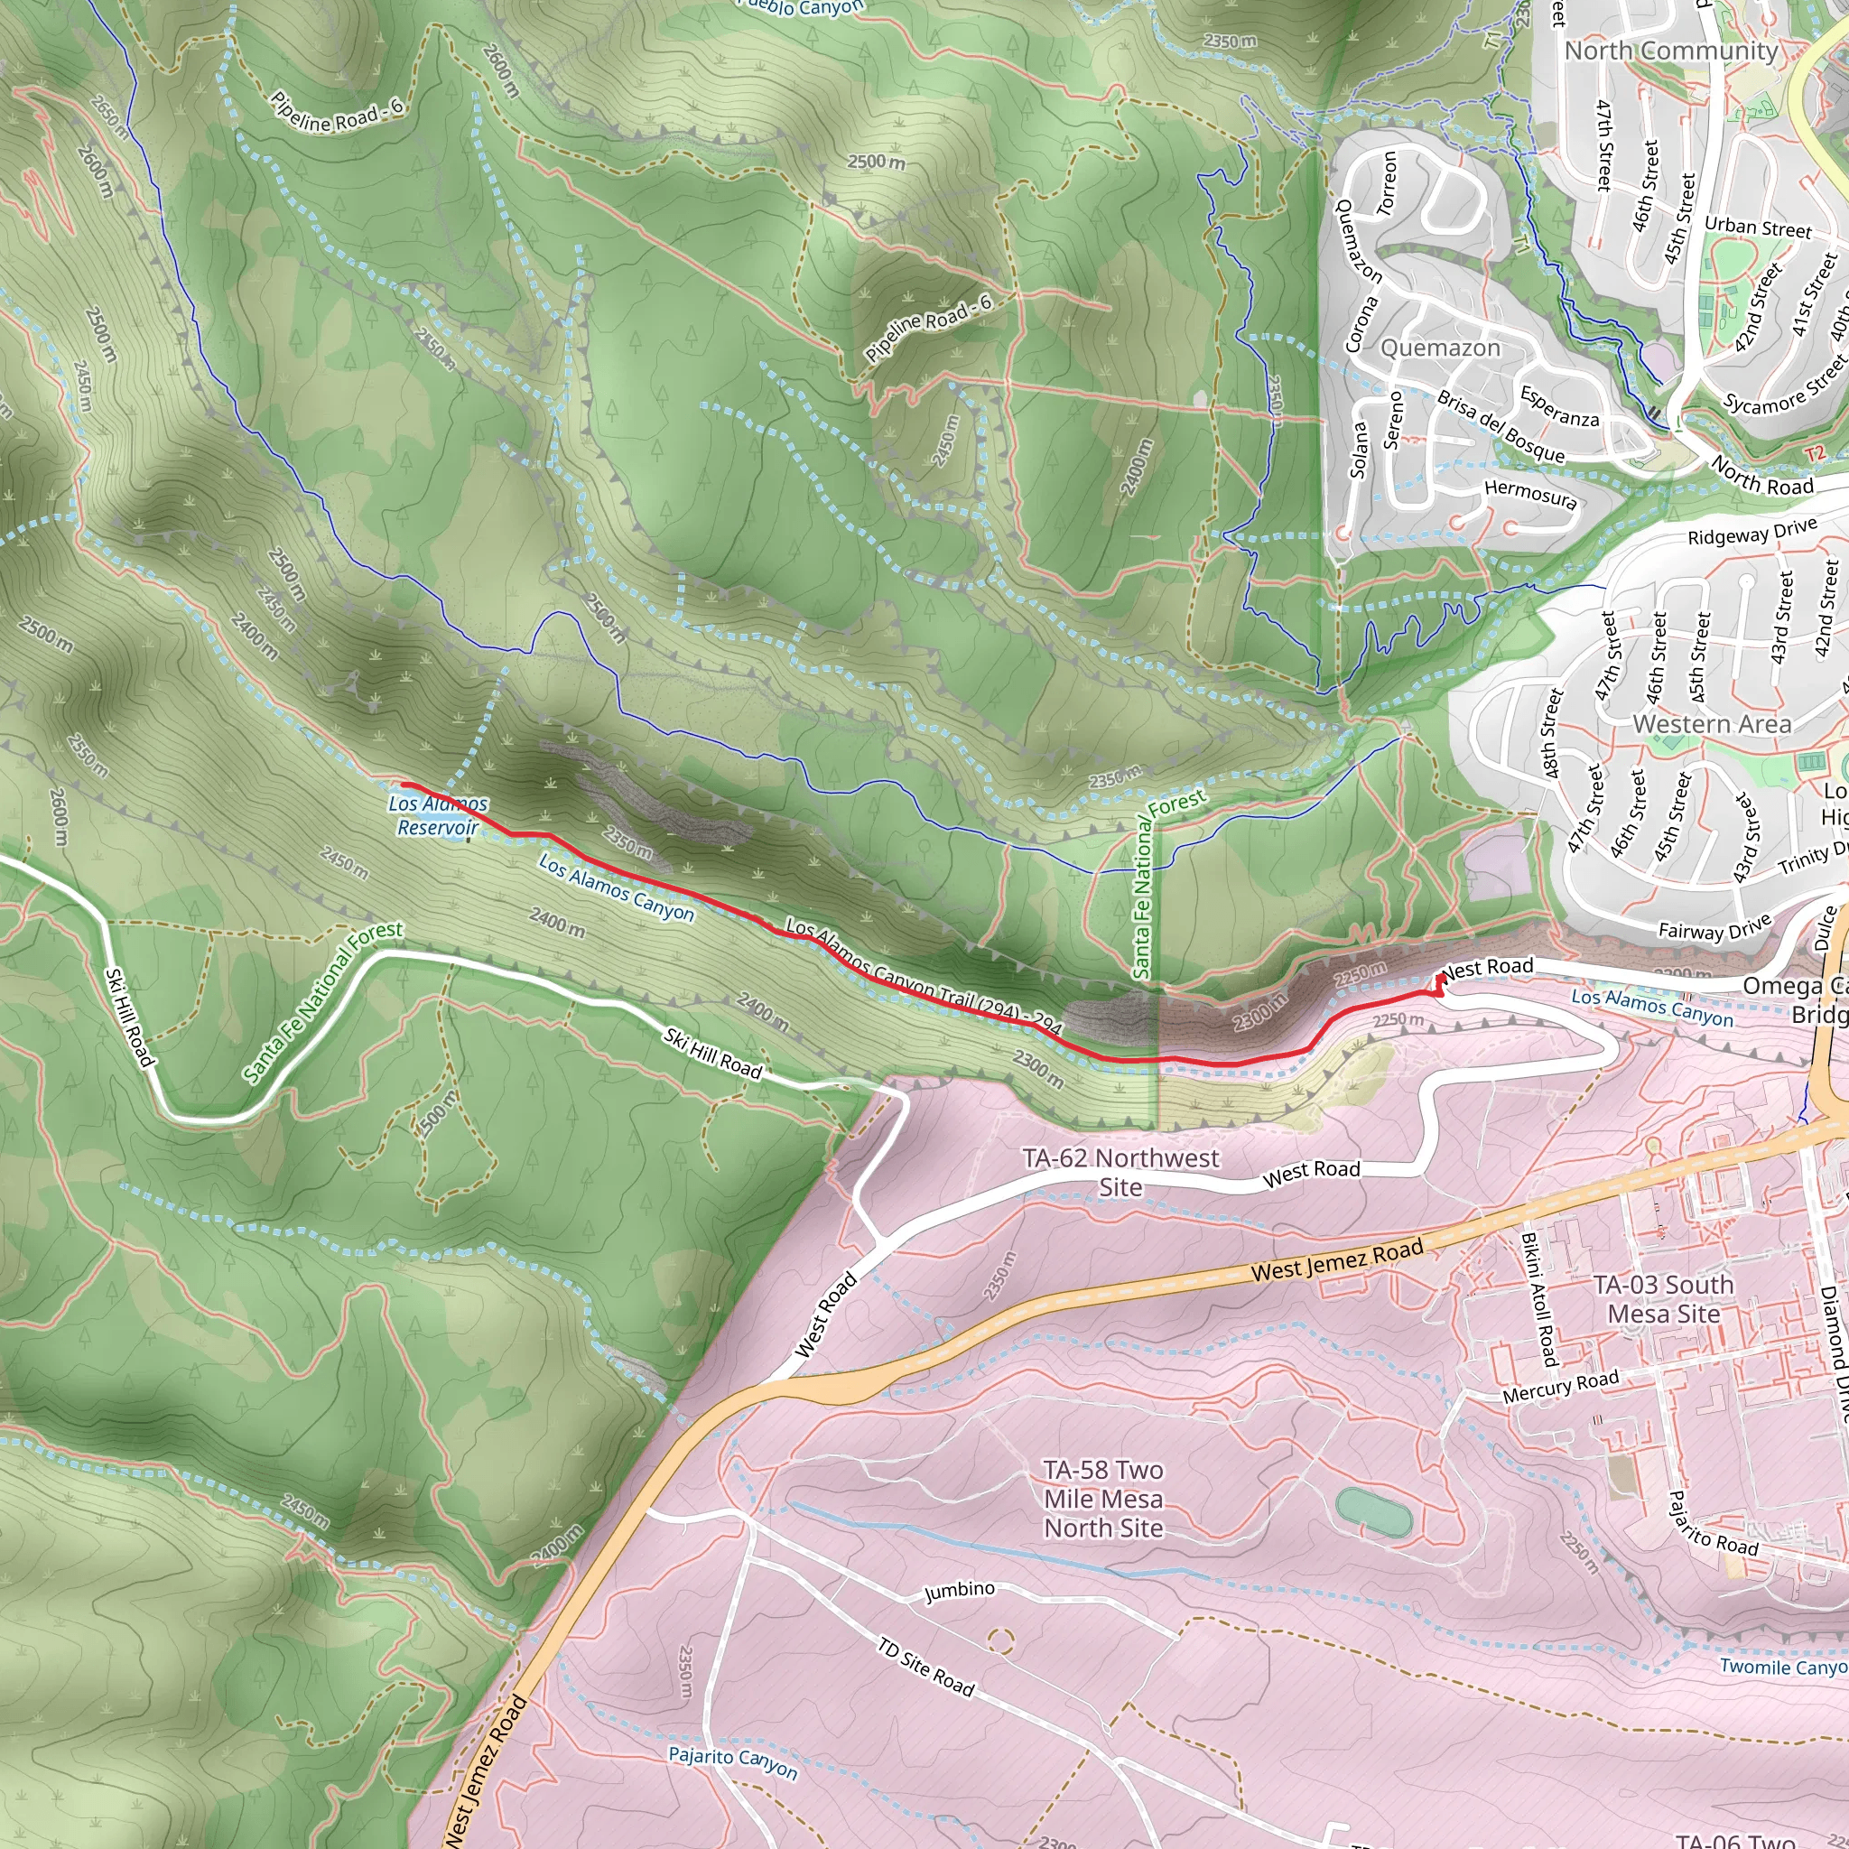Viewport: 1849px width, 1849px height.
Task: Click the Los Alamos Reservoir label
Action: [x=438, y=815]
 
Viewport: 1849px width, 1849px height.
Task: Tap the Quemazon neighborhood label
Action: [x=1439, y=348]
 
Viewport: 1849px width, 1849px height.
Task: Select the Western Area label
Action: [x=1711, y=723]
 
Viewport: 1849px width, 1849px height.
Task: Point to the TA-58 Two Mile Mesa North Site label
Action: [x=1103, y=1499]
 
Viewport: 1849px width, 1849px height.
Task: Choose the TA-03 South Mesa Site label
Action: [x=1663, y=1298]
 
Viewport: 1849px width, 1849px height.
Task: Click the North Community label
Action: [x=1671, y=51]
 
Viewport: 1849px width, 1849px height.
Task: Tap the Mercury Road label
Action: [x=1560, y=1386]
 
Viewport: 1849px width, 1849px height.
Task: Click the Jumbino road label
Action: [x=959, y=1591]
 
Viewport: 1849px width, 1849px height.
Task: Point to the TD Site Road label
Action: [x=925, y=1668]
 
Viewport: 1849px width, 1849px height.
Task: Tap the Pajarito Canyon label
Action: [x=732, y=1762]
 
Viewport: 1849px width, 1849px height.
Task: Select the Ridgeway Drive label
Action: [x=1751, y=531]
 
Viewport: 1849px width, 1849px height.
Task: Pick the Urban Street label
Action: [x=1757, y=227]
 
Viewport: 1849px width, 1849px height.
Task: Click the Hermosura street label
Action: [x=1529, y=494]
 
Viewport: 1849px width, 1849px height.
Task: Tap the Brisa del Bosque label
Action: [x=1501, y=427]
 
